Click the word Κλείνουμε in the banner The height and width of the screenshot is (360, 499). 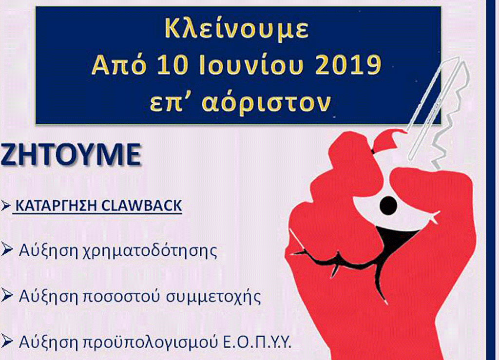pyautogui.click(x=237, y=29)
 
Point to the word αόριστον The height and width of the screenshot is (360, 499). pyautogui.click(x=267, y=102)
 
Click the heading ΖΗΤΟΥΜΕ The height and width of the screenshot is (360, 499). pyautogui.click(x=71, y=155)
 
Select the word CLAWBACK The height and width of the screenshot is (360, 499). pyautogui.click(x=142, y=206)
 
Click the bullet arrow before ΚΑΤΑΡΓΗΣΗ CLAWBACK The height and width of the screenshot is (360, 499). pyautogui.click(x=5, y=206)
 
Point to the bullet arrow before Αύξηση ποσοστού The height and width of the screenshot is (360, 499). pyautogui.click(x=6, y=296)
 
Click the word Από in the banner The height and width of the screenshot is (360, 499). pyautogui.click(x=119, y=66)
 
